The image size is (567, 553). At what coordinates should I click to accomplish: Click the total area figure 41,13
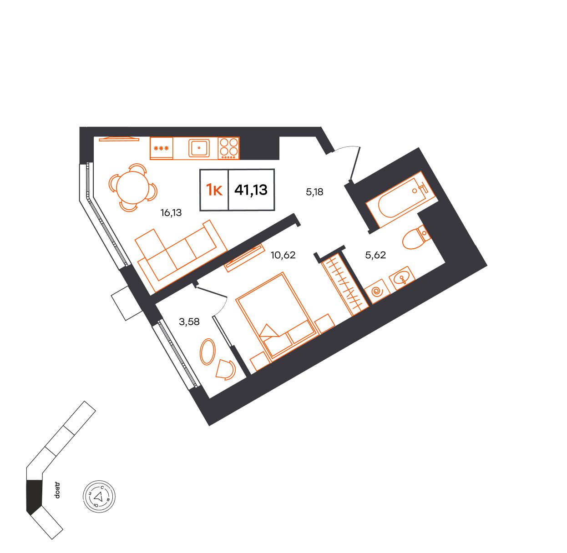pos(251,190)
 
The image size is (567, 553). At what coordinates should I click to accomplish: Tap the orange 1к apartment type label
pos(214,190)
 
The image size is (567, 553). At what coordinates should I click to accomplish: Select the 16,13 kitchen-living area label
pos(171,213)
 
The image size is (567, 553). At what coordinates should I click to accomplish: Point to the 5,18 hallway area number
pos(314,192)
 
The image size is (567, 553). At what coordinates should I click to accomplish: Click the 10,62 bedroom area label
pos(283,255)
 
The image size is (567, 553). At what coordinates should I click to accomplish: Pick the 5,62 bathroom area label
pos(375,255)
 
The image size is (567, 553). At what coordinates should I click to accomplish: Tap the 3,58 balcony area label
pos(189,322)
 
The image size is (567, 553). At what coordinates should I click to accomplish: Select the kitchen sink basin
pos(199,148)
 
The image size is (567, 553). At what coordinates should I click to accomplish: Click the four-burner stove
pos(229,148)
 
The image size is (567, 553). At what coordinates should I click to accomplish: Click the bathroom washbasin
pos(402,278)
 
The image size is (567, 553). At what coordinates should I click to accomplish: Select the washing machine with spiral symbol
pos(378,292)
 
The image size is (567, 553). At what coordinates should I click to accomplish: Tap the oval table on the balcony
pos(208,351)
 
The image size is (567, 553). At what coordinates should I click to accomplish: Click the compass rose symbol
pos(99,497)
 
